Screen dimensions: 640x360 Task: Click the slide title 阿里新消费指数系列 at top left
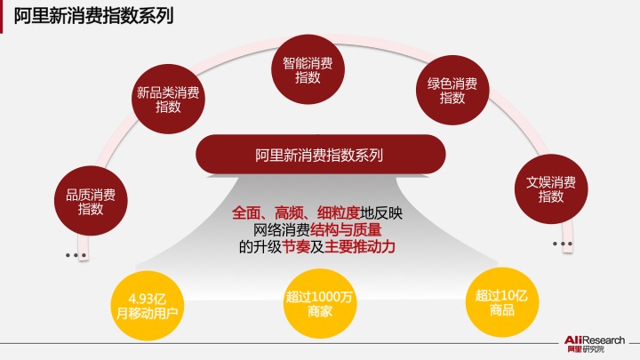93,16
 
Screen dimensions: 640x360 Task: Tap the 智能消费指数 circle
308,69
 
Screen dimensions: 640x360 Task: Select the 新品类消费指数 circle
168,99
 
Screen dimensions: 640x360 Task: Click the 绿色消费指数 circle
452,90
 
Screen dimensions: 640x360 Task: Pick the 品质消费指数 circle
91,201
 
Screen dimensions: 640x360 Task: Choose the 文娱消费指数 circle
551,189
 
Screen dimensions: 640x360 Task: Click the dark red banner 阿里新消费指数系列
320,155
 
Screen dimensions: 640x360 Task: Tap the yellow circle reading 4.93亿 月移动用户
148,305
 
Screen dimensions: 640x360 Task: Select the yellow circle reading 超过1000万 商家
320,304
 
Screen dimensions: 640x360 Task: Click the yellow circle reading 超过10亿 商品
502,302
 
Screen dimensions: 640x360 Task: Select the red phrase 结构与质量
346,230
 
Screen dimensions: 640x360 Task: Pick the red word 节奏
296,246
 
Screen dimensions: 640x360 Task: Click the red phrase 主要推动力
360,246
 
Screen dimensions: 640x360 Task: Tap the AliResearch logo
595,344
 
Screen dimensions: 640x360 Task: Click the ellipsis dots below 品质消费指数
76,255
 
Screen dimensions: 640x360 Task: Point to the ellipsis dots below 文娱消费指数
562,244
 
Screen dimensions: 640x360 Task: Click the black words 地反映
381,213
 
